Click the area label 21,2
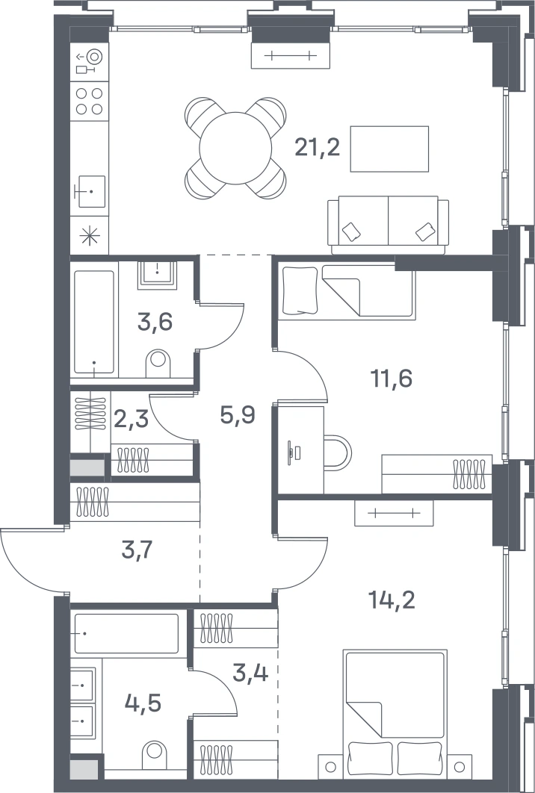pyautogui.click(x=318, y=148)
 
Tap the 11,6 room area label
pyautogui.click(x=392, y=378)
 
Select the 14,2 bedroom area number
pyautogui.click(x=392, y=600)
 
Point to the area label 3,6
pyautogui.click(x=155, y=322)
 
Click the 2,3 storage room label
pyautogui.click(x=131, y=419)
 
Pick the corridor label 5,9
pyautogui.click(x=238, y=415)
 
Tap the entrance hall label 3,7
pyautogui.click(x=137, y=550)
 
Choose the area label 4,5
pyautogui.click(x=143, y=703)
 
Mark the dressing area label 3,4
pyautogui.click(x=250, y=673)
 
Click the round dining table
pyautogui.click(x=236, y=148)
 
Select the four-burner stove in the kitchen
pyautogui.click(x=90, y=101)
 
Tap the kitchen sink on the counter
pyautogui.click(x=90, y=192)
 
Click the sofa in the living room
pyautogui.click(x=389, y=226)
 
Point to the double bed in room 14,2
pyautogui.click(x=395, y=714)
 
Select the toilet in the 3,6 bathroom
pyautogui.click(x=158, y=363)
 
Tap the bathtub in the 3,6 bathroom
pyautogui.click(x=94, y=322)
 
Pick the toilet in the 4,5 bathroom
pyautogui.click(x=155, y=756)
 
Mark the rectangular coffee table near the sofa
pyautogui.click(x=390, y=149)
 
